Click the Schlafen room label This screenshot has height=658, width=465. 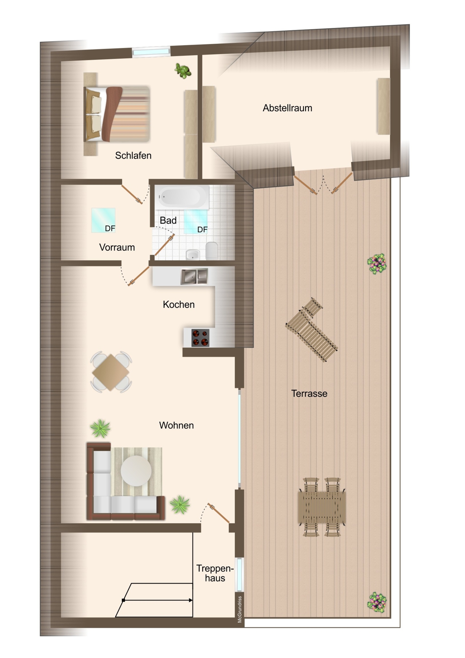click(x=133, y=155)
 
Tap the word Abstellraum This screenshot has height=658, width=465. click(x=288, y=108)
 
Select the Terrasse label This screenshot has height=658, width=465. click(x=309, y=394)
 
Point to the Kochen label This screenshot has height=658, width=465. click(x=178, y=305)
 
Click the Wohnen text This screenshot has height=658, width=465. click(x=176, y=425)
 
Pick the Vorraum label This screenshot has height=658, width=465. click(x=117, y=247)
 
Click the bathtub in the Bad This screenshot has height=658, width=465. click(x=183, y=197)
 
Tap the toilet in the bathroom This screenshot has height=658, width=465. click(x=212, y=251)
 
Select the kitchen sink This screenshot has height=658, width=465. click(x=194, y=277)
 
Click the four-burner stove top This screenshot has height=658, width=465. click(x=200, y=338)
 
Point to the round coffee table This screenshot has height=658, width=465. click(x=136, y=471)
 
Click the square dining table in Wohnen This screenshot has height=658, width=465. click(x=111, y=372)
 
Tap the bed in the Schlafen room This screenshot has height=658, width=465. click(x=116, y=114)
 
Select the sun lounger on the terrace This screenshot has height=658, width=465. click(x=312, y=330)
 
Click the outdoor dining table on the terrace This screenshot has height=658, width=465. click(x=322, y=507)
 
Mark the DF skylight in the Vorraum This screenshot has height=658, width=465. click(x=103, y=220)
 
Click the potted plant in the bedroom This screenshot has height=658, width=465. click(x=183, y=71)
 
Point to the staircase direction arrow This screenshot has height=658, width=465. click(x=158, y=600)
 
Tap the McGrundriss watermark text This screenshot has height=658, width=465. click(x=239, y=609)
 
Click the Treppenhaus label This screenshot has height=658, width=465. click(x=215, y=573)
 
